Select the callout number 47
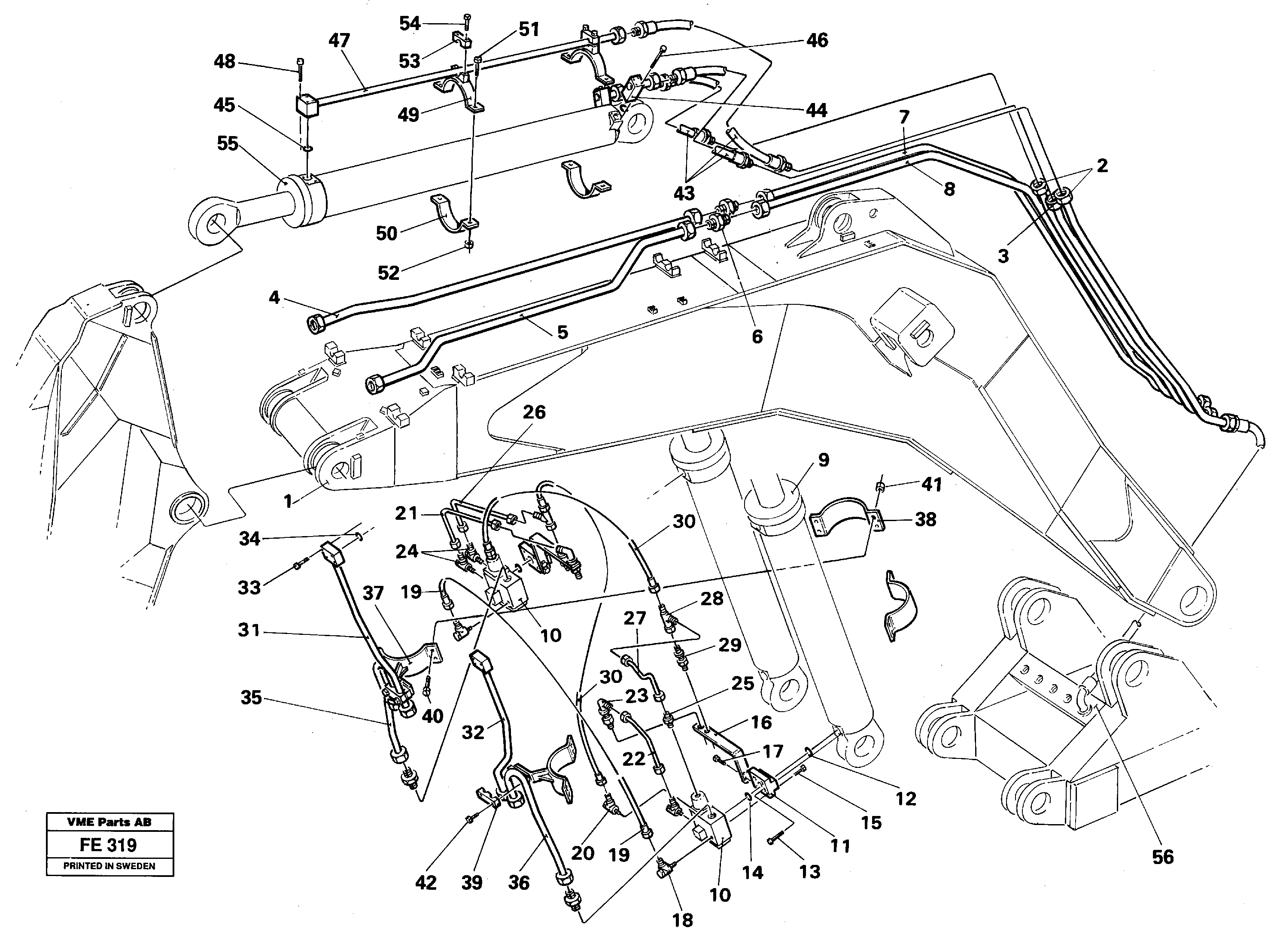[339, 41]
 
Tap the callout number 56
[1162, 857]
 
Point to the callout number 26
[534, 412]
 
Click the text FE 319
[108, 845]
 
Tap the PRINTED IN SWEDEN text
[109, 866]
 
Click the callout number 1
[288, 501]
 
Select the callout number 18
[683, 920]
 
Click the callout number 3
[1003, 256]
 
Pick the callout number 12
[906, 798]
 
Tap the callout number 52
[389, 273]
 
